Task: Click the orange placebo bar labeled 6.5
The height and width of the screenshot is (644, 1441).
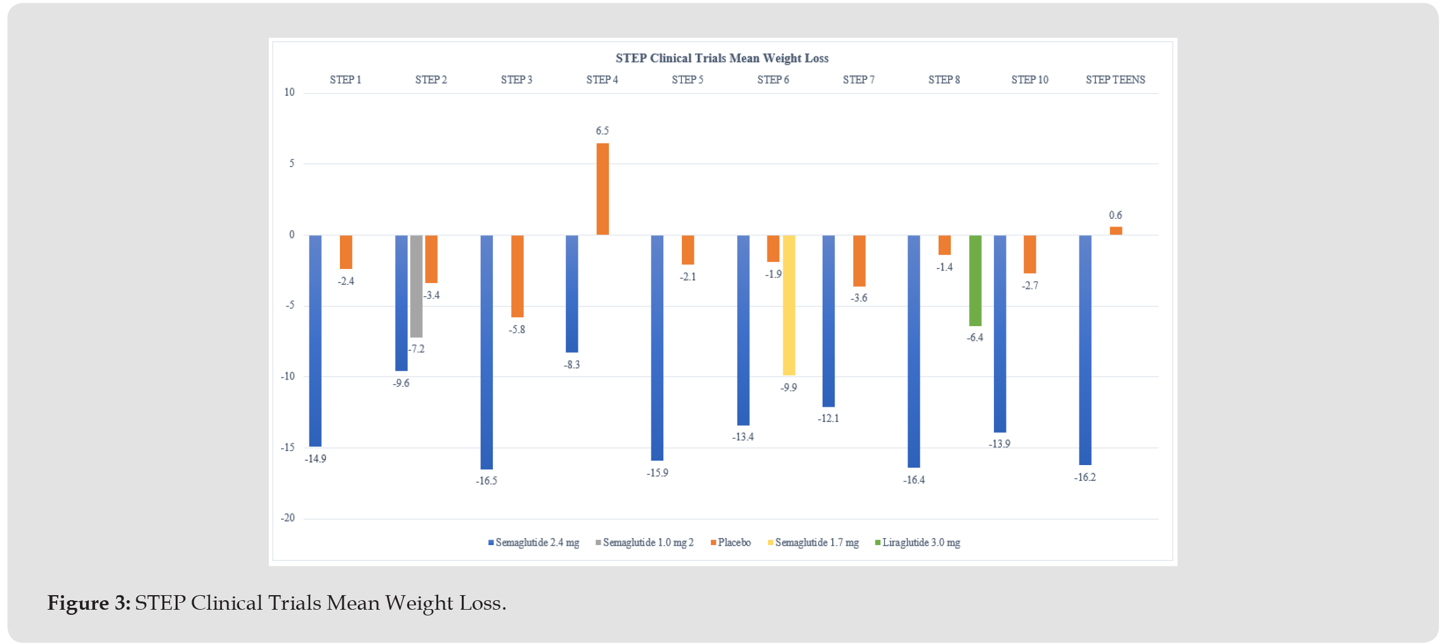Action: (602, 189)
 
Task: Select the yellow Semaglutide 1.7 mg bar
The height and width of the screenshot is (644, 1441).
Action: (788, 305)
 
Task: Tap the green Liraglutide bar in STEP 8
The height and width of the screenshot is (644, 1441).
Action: (975, 280)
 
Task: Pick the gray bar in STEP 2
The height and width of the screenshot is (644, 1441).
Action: (416, 286)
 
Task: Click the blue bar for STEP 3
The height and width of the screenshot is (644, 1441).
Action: (486, 352)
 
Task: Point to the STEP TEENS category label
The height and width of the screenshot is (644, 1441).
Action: (1115, 80)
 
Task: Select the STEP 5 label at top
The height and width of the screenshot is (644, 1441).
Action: (688, 80)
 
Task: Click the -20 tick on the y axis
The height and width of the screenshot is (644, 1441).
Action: (288, 518)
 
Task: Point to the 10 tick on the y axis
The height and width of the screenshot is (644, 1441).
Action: (289, 93)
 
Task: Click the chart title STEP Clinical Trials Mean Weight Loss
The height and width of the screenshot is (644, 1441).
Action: (722, 58)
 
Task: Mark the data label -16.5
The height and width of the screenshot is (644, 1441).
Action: (486, 481)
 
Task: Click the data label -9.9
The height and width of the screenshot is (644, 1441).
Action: (788, 388)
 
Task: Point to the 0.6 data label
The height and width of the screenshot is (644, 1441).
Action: (1115, 216)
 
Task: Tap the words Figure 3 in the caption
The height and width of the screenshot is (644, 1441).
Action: (89, 603)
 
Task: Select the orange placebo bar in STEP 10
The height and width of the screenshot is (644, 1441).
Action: (1029, 254)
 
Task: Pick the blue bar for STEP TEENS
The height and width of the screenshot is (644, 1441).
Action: (1085, 350)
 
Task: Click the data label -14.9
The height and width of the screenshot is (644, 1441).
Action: (315, 459)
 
